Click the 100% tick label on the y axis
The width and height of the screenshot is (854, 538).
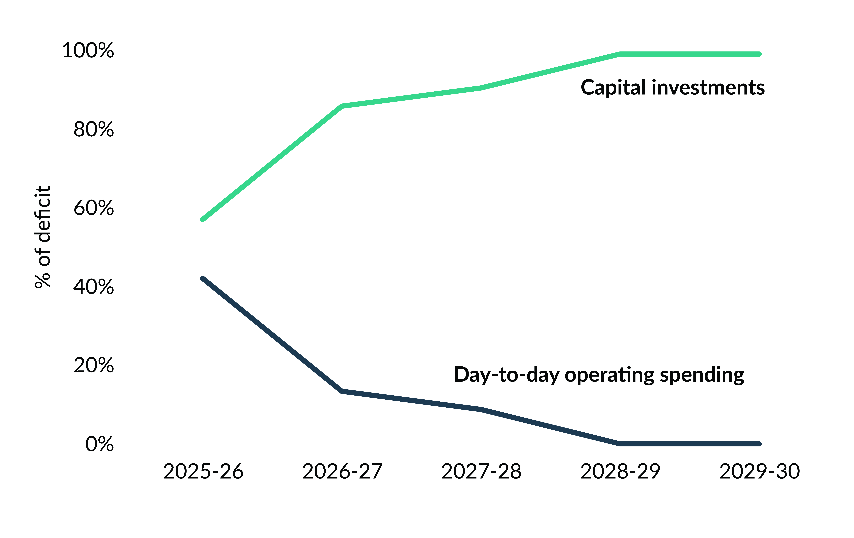pyautogui.click(x=88, y=50)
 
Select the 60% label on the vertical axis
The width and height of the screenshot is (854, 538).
pyautogui.click(x=94, y=208)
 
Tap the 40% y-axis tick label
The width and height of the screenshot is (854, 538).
pyautogui.click(x=94, y=287)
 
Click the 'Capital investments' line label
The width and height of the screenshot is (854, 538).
pyautogui.click(x=672, y=88)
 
